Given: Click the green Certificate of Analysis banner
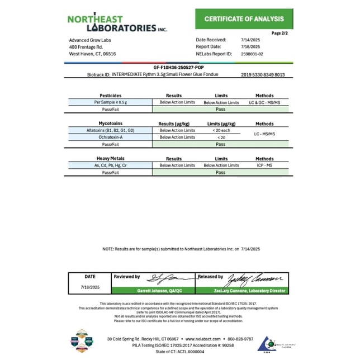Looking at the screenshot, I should pos(244,19).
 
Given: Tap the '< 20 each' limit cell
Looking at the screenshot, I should pos(221,130).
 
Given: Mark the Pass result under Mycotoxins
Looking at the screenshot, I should pos(221,144).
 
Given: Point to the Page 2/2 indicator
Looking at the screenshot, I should pos(280,33).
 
